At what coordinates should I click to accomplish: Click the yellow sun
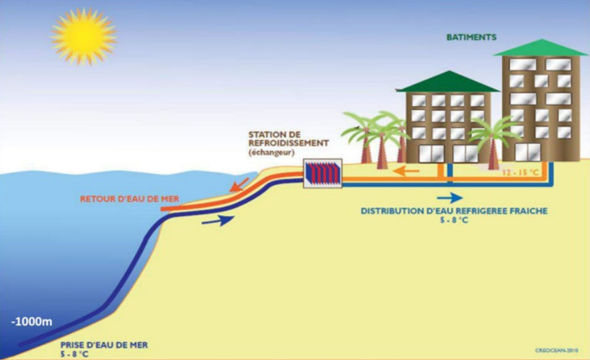(x=83, y=37)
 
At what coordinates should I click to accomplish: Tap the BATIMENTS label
(x=471, y=37)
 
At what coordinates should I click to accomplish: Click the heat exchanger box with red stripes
(x=323, y=174)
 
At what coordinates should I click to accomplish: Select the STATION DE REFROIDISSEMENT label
(x=288, y=138)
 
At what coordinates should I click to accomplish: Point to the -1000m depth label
(x=31, y=322)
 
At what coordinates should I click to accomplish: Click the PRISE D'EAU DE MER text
(x=104, y=345)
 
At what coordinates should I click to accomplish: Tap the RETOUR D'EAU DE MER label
(x=129, y=199)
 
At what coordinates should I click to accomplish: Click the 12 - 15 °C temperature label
(x=521, y=173)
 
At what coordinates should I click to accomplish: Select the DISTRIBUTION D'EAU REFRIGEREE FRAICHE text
(x=454, y=211)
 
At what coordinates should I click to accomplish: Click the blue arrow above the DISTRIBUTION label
(x=450, y=197)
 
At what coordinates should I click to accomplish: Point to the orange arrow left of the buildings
(x=406, y=171)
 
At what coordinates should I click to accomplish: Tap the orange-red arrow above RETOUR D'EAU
(x=239, y=184)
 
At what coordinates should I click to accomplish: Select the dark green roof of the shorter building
(x=448, y=82)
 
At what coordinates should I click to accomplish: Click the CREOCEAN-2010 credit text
(x=557, y=351)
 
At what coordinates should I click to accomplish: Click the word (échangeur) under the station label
(x=271, y=153)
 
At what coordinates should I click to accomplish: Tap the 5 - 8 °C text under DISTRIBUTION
(x=454, y=220)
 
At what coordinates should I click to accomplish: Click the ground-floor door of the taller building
(x=528, y=151)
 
